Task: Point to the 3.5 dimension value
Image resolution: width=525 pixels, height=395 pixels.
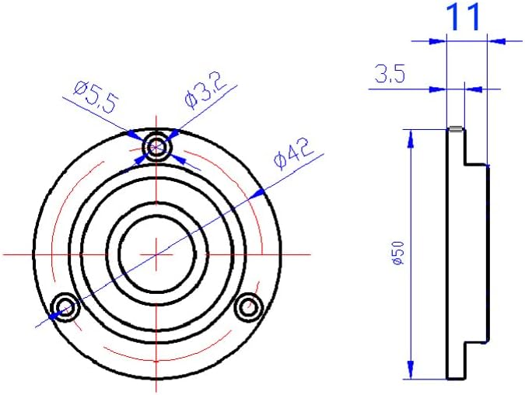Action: (389, 75)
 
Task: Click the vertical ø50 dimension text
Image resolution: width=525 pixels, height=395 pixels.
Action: (397, 254)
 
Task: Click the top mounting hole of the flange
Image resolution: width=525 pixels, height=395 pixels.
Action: (159, 146)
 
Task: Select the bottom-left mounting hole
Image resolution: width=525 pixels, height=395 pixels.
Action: (64, 307)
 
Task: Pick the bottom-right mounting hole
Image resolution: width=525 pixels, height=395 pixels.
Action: (249, 307)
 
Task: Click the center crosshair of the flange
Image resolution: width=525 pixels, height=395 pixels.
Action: (158, 253)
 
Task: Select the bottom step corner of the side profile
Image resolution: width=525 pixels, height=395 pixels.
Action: (465, 342)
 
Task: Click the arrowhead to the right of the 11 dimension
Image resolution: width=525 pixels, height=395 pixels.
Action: (492, 39)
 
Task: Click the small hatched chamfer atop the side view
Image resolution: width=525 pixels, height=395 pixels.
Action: (456, 129)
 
